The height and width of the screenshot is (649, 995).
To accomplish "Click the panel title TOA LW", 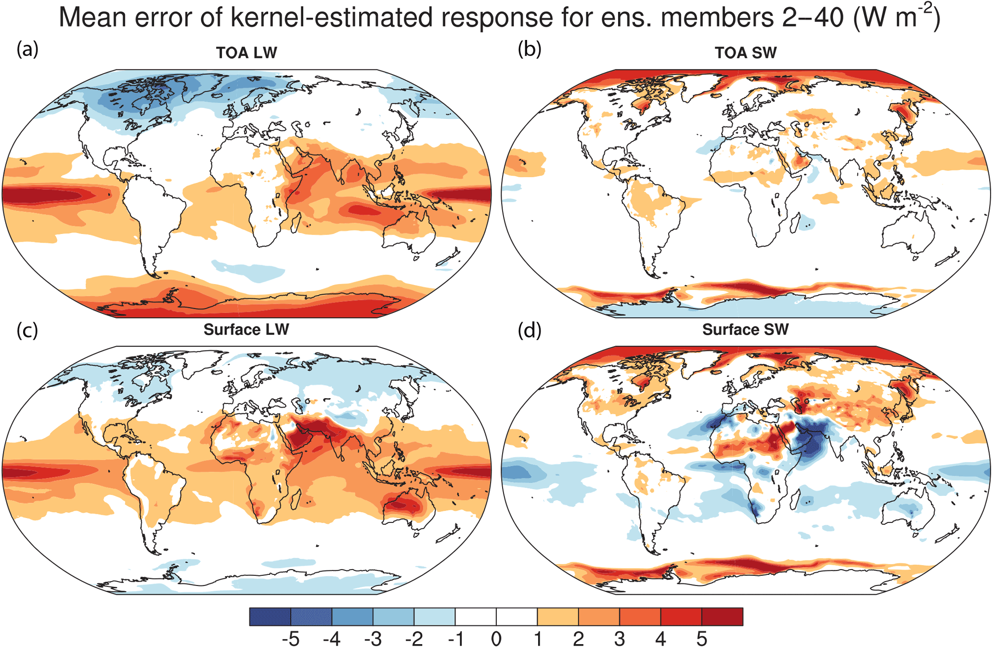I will click(x=246, y=52).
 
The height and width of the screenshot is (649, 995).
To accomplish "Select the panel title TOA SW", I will click(x=746, y=52).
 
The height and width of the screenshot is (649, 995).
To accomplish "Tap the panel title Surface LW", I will click(x=246, y=330).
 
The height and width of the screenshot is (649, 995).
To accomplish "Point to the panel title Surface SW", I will click(x=746, y=330).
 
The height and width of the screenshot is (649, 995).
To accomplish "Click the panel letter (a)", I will click(x=27, y=49).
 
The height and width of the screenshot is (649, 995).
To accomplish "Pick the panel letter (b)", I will click(x=530, y=49).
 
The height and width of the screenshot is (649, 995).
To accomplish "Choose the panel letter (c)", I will click(x=27, y=331).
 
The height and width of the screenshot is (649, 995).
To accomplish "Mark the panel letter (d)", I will click(x=530, y=331).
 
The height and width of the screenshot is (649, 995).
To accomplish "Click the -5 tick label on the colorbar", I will click(x=290, y=639).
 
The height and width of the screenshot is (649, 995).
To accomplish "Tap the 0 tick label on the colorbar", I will click(x=496, y=639).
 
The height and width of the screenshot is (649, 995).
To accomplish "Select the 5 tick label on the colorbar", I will click(x=702, y=639).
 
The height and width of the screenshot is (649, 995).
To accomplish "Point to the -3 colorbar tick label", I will click(x=373, y=639).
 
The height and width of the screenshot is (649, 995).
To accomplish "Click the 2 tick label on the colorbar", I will click(x=578, y=639).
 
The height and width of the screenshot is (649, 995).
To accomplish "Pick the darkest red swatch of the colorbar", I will click(x=722, y=617).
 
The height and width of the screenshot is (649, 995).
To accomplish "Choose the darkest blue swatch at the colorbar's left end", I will click(x=270, y=617).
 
